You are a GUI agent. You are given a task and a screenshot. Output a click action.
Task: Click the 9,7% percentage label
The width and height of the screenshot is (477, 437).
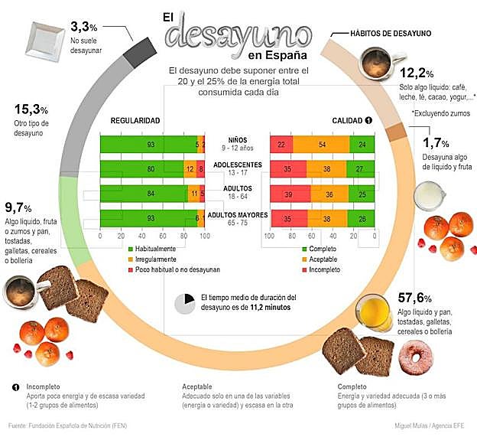(x=17, y=207)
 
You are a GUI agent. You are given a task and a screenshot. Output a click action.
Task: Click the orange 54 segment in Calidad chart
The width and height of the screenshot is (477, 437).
(x=321, y=145)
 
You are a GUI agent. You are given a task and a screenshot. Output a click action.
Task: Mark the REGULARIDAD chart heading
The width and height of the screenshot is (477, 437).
(x=135, y=121)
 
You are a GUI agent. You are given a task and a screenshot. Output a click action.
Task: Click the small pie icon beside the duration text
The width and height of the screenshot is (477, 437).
(x=185, y=302)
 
